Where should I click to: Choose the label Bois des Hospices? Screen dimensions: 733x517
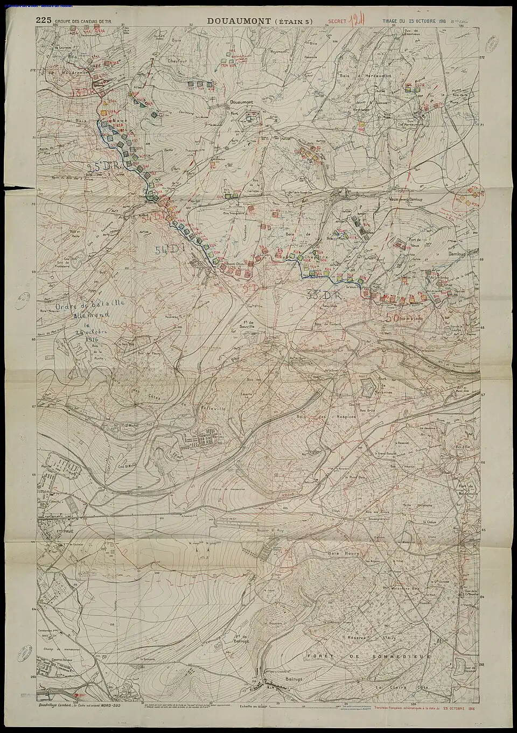coord(325,418)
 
